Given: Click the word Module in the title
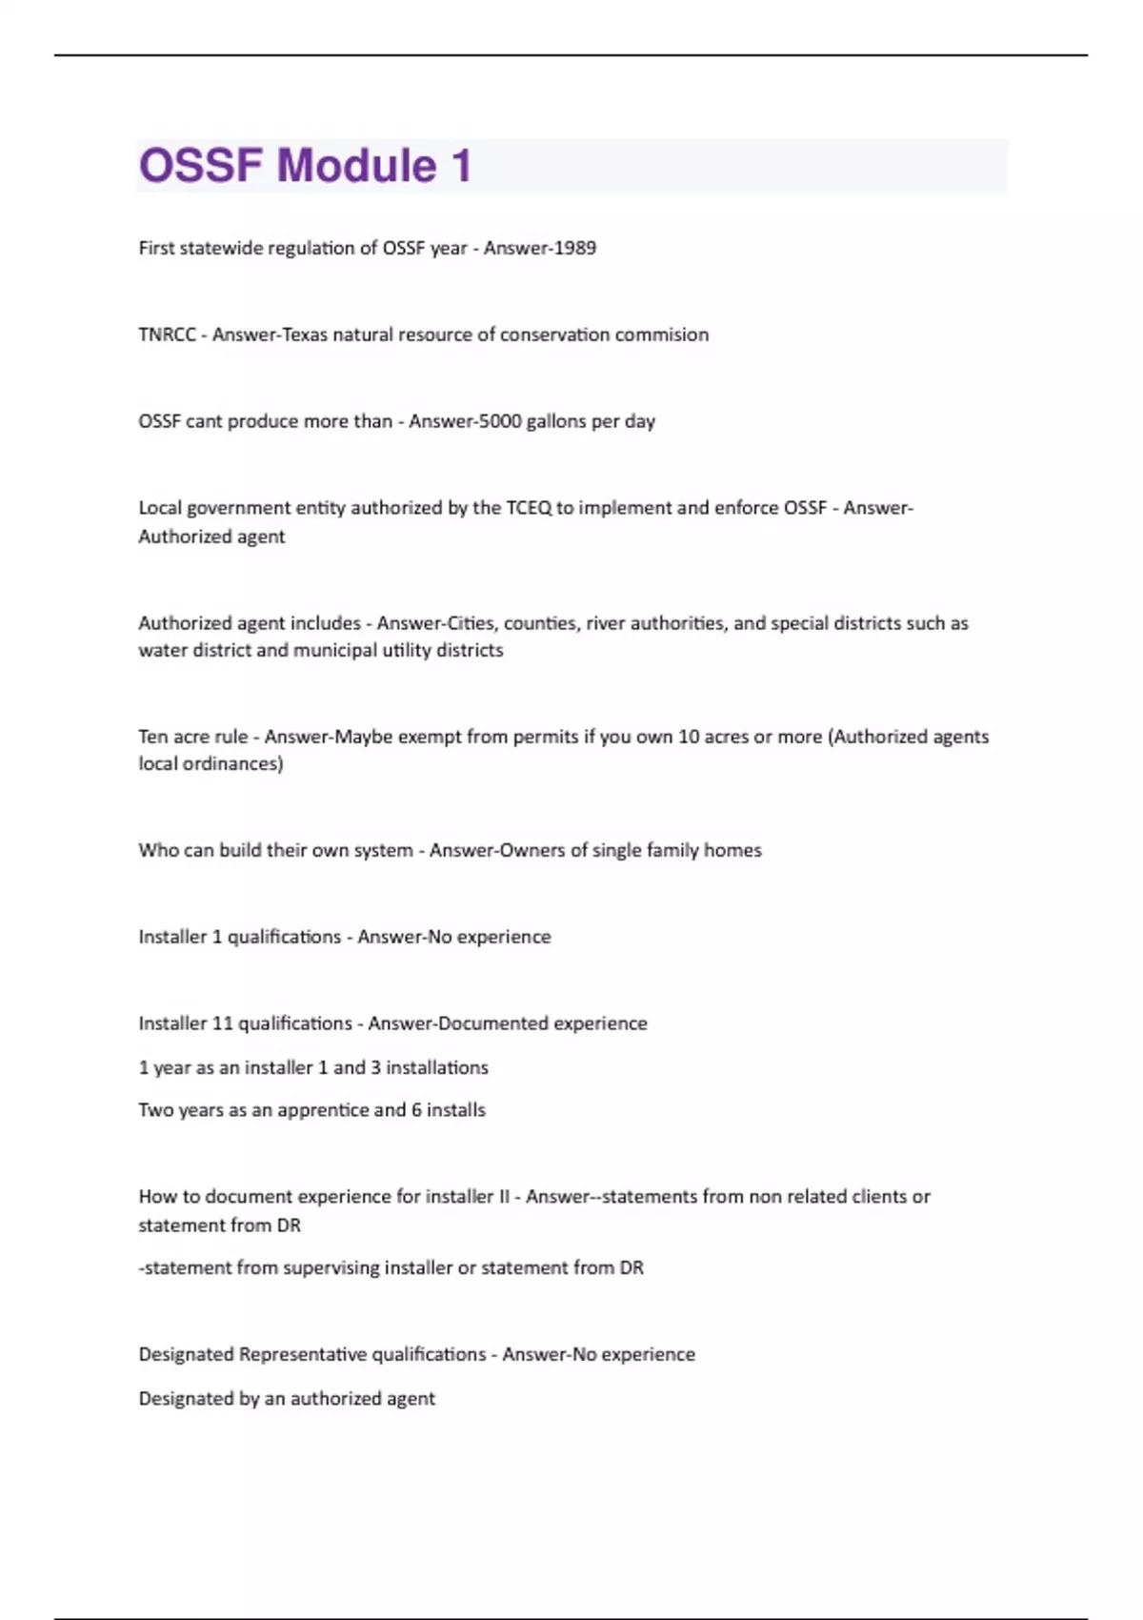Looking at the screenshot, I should (x=356, y=166).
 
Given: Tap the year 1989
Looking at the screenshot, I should (x=574, y=248).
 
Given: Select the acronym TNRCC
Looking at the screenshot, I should (x=167, y=334).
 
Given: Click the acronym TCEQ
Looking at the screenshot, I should (x=529, y=508).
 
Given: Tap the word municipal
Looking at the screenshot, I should (x=334, y=650).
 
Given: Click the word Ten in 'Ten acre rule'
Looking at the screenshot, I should (x=153, y=737).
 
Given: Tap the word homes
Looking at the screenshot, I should (x=732, y=850).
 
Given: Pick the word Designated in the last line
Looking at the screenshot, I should (x=186, y=1399).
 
